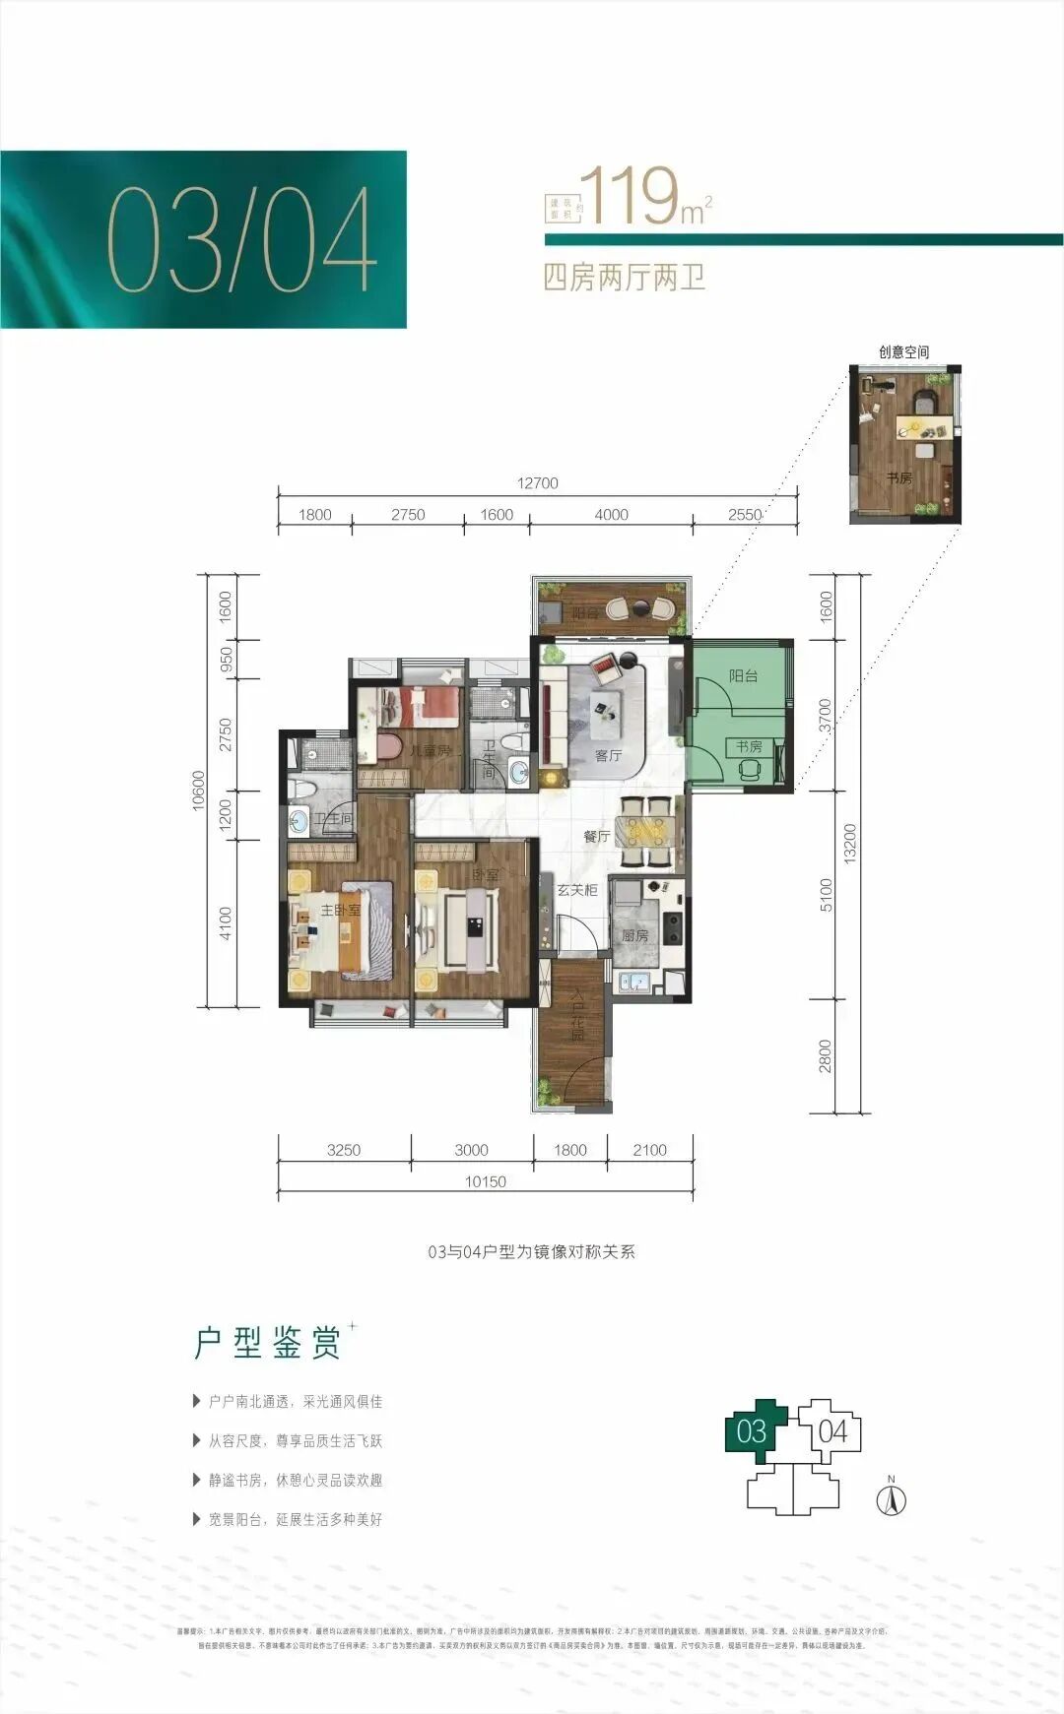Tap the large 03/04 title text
[x=241, y=240]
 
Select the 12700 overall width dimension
[x=537, y=483]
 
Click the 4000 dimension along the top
[x=611, y=515]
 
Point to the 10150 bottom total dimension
[x=485, y=1181]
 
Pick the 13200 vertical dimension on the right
[x=851, y=844]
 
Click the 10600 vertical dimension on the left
[x=199, y=791]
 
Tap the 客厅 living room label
[x=608, y=755]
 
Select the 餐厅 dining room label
[x=596, y=836]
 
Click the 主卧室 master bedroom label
[x=340, y=910]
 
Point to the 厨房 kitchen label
[x=635, y=935]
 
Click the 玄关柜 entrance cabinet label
[x=576, y=890]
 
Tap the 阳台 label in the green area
[x=743, y=675]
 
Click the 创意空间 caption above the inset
[x=903, y=351]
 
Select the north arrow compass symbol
[x=891, y=1500]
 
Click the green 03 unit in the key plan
[x=752, y=1430]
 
